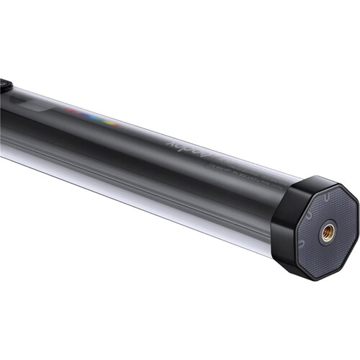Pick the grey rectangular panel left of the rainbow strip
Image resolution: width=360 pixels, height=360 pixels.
pos(43,104)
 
